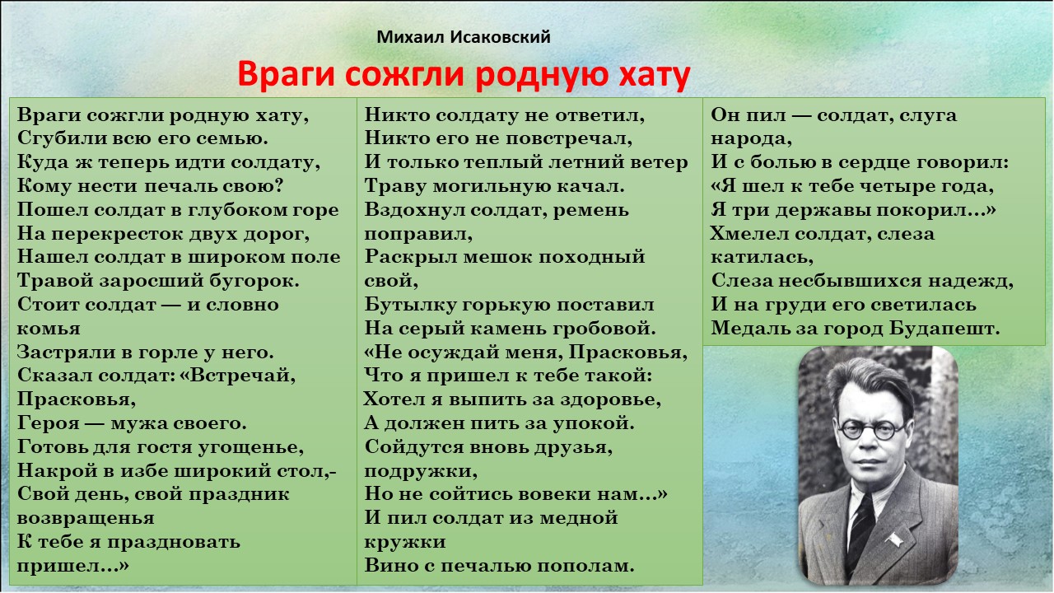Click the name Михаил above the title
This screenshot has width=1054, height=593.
click(x=410, y=37)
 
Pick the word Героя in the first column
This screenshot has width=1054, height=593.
click(x=49, y=423)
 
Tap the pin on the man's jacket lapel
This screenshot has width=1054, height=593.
click(x=895, y=539)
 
